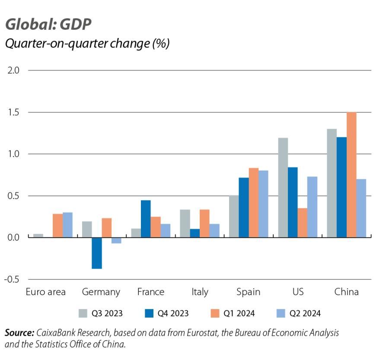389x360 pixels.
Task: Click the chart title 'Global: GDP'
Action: pos(48,25)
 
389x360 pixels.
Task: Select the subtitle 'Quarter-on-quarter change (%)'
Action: pos(87,44)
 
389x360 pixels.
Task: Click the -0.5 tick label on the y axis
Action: pos(13,280)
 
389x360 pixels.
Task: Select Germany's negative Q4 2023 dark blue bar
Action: pos(97,253)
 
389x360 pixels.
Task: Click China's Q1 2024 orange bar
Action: pos(351,175)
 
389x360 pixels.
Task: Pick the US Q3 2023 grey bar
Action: pos(283,188)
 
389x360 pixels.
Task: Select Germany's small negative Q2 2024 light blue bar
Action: pos(116,240)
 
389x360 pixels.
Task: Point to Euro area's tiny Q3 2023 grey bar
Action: pos(38,236)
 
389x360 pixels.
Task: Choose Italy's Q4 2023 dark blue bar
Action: pos(194,233)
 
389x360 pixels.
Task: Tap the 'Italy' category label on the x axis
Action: pos(200,292)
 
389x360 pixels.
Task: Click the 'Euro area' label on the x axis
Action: pos(46,292)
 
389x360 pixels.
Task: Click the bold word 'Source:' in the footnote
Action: pos(19,333)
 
